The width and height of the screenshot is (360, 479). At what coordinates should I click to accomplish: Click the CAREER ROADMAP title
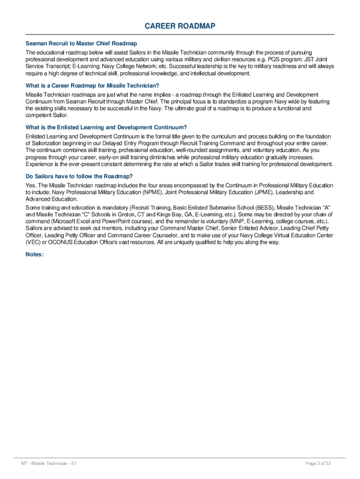point(180,26)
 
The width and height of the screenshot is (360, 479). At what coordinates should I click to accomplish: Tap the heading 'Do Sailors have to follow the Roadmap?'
point(79,176)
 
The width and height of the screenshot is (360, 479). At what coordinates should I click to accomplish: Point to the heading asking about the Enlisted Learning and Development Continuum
point(106,127)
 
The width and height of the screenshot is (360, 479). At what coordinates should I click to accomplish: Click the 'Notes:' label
point(35,254)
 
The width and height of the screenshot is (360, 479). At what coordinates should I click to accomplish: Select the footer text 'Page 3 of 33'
point(318,464)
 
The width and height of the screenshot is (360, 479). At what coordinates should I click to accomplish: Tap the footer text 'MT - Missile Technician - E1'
point(49,464)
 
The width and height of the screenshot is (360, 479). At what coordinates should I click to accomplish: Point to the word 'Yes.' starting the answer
point(31,186)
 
